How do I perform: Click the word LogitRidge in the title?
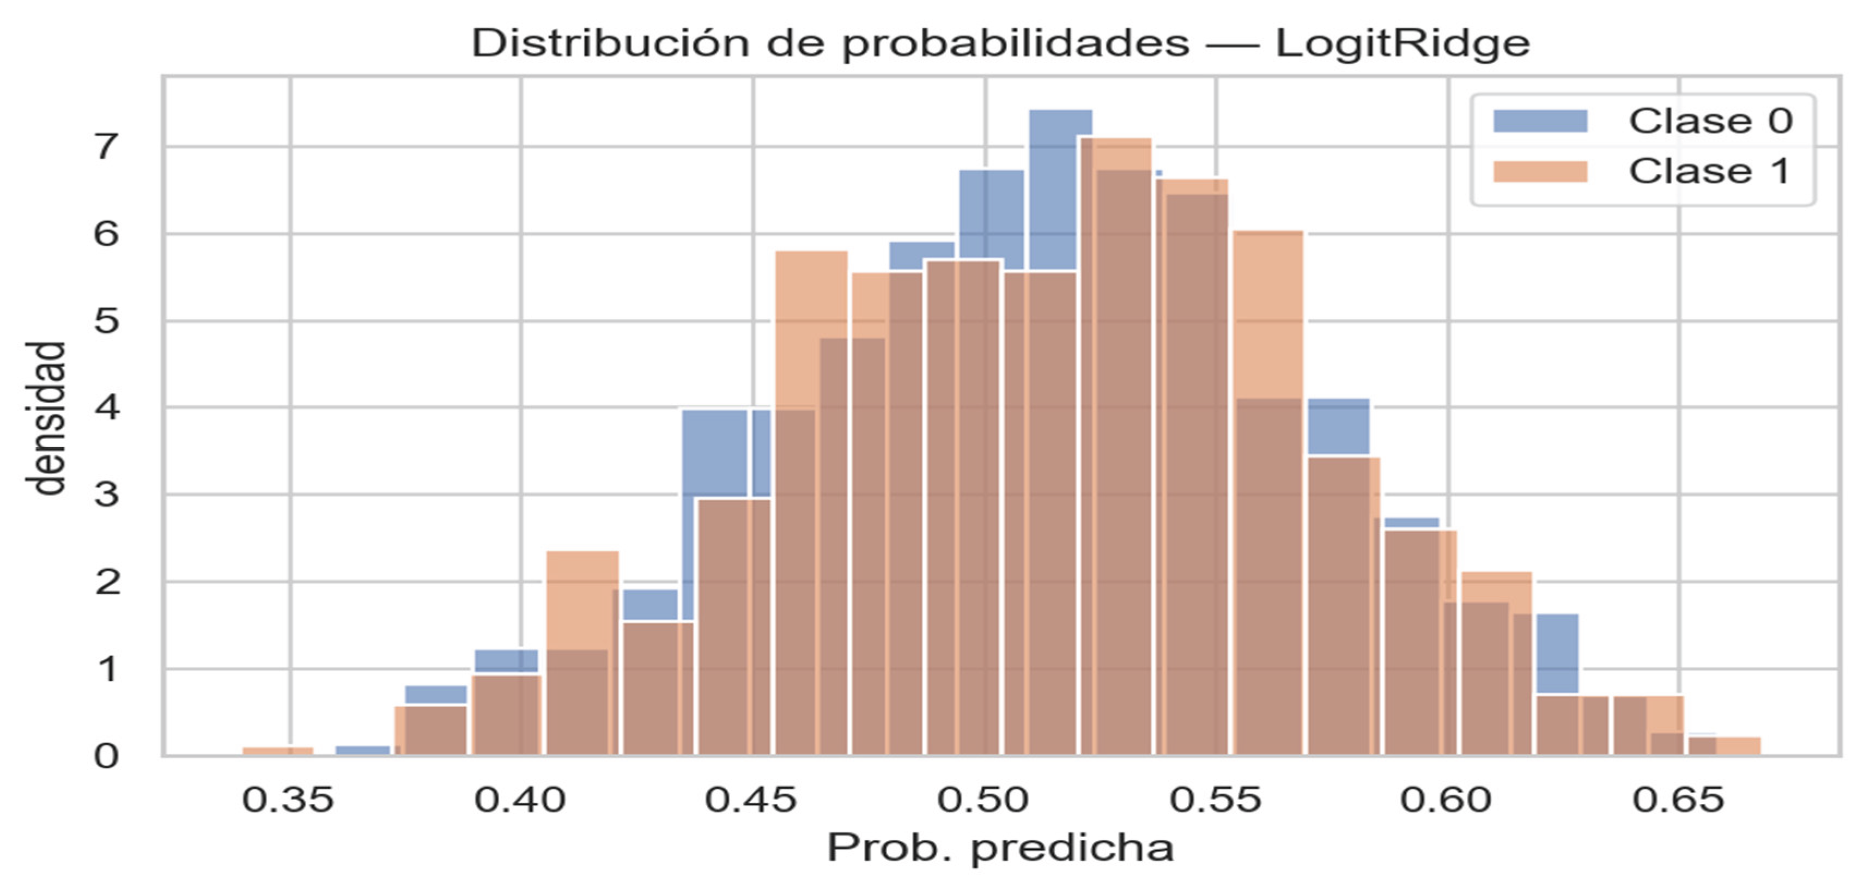click(1402, 44)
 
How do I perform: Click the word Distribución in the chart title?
click(612, 44)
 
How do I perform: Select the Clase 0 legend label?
click(1710, 120)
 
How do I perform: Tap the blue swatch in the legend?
click(1540, 120)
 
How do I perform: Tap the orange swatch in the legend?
click(1540, 171)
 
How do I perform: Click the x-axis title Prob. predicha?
click(1000, 848)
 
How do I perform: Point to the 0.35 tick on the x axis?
click(288, 800)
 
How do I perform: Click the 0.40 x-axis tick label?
click(520, 800)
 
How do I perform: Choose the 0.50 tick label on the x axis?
click(983, 800)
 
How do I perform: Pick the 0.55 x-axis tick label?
click(1215, 800)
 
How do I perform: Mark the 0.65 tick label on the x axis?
click(1678, 800)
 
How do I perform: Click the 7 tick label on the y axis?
click(106, 147)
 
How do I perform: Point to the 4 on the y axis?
click(106, 408)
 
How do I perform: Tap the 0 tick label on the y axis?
click(106, 756)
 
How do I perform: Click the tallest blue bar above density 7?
click(1060, 123)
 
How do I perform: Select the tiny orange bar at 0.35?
click(277, 751)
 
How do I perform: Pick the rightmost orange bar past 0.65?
click(1739, 747)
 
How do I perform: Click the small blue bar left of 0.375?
click(363, 751)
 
